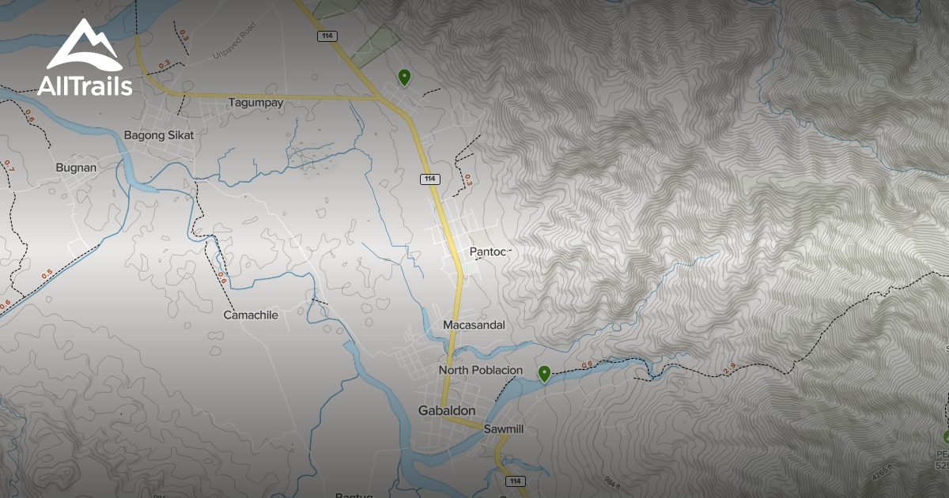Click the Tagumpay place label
pyautogui.click(x=255, y=103)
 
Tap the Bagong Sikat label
pyautogui.click(x=158, y=135)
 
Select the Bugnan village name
pyautogui.click(x=76, y=168)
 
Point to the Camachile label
pyautogui.click(x=251, y=315)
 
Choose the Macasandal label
pyautogui.click(x=474, y=325)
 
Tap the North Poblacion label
pyautogui.click(x=480, y=370)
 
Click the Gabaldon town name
pyautogui.click(x=446, y=410)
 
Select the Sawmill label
pyautogui.click(x=505, y=429)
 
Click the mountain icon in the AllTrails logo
pyautogui.click(x=83, y=46)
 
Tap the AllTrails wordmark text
pyautogui.click(x=85, y=85)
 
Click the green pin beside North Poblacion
pyautogui.click(x=544, y=373)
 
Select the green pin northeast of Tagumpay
pyautogui.click(x=404, y=77)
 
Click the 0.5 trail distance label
pyautogui.click(x=47, y=274)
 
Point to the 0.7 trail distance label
pyautogui.click(x=9, y=166)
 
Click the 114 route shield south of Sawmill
pyautogui.click(x=516, y=481)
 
